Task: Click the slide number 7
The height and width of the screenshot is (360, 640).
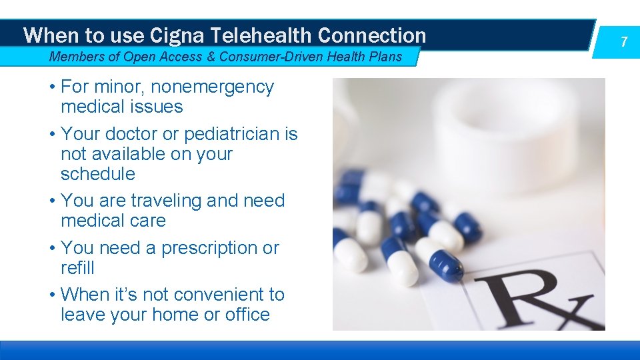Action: (624, 42)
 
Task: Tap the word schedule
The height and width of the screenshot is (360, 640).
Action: (97, 174)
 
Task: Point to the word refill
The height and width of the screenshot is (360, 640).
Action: (77, 268)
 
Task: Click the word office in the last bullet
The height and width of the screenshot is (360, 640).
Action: (247, 315)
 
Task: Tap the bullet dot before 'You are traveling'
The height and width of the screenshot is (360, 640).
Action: (52, 201)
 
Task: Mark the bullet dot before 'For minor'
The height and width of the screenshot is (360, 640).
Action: (52, 87)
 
